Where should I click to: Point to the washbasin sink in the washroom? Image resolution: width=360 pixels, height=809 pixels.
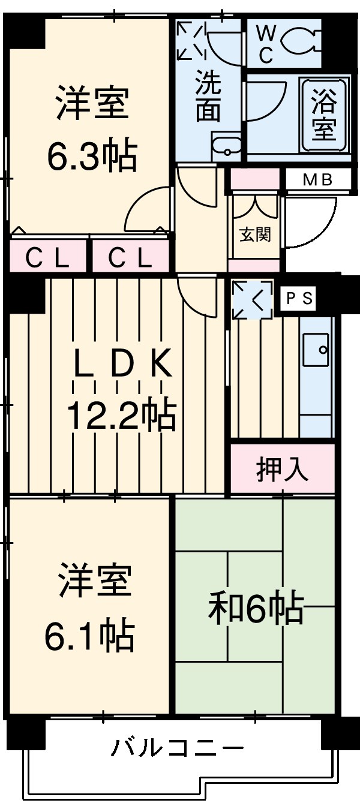tap(227, 147)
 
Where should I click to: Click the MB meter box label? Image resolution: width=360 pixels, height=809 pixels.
tap(317, 179)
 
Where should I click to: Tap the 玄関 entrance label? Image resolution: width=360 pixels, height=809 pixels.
tap(256, 234)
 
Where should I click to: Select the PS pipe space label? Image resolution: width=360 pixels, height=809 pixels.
tap(299, 299)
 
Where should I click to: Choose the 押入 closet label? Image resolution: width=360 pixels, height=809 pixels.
tap(283, 470)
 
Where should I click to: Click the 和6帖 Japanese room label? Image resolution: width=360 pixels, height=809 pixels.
tap(255, 608)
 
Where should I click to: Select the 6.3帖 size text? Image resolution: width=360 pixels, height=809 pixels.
tap(92, 157)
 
